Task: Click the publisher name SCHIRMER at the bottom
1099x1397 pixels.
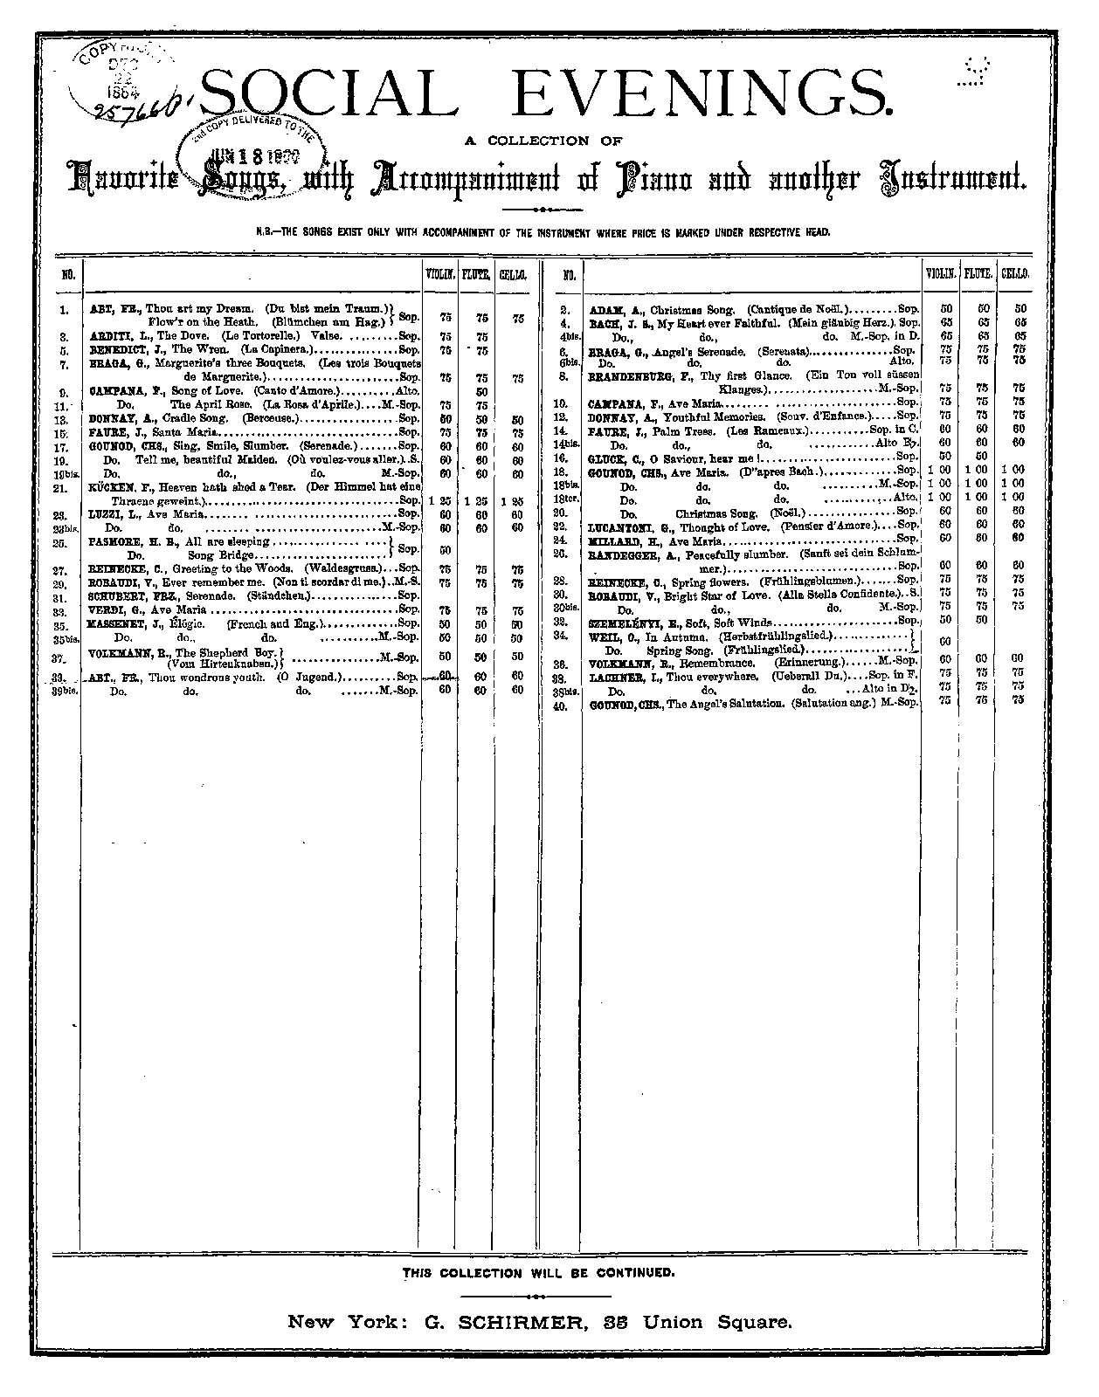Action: pyautogui.click(x=522, y=1322)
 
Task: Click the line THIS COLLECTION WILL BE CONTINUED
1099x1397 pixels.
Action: pyautogui.click(x=538, y=1272)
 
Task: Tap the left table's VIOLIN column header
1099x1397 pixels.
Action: pyautogui.click(x=440, y=274)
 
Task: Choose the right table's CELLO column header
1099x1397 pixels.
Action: pyautogui.click(x=1014, y=274)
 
